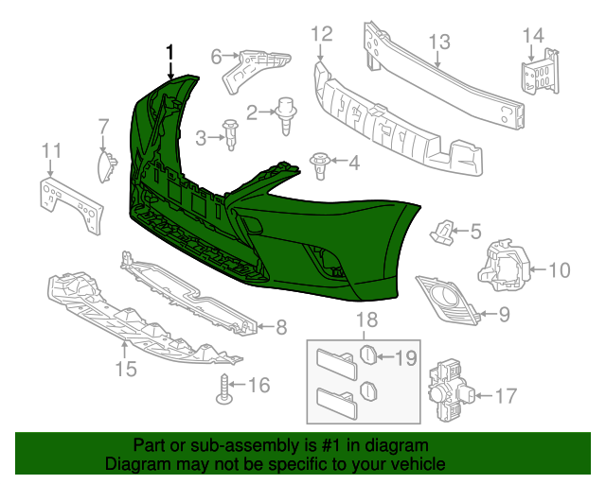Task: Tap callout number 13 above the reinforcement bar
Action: pyautogui.click(x=438, y=42)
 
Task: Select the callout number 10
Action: pyautogui.click(x=559, y=271)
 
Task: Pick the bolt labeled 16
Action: pyautogui.click(x=225, y=389)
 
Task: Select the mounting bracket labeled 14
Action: pyautogui.click(x=538, y=71)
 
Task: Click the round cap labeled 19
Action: pyautogui.click(x=367, y=356)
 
